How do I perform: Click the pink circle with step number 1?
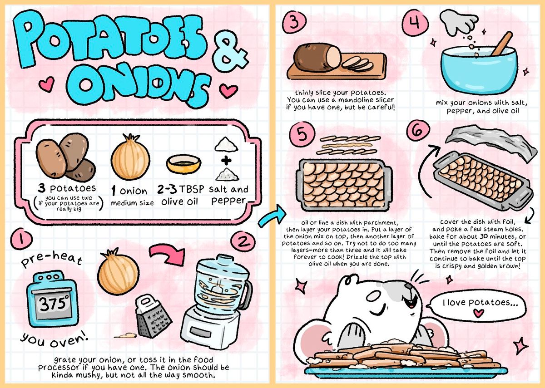[21, 239]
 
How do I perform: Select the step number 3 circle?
[294, 22]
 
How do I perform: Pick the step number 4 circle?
[415, 22]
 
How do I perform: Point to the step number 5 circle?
[302, 134]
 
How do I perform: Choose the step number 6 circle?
[418, 131]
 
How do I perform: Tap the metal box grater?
[153, 316]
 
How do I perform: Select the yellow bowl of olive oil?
[183, 164]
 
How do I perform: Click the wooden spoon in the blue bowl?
[502, 44]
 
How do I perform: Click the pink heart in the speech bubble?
[478, 313]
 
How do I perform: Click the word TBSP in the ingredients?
[192, 189]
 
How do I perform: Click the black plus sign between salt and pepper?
[226, 161]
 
